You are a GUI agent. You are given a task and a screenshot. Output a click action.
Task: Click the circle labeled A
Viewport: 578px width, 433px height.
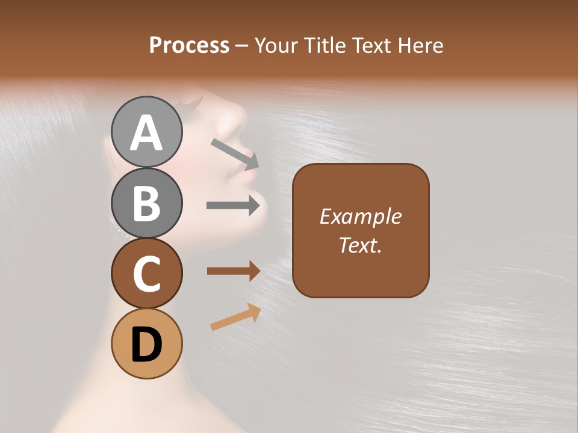pyautogui.click(x=147, y=132)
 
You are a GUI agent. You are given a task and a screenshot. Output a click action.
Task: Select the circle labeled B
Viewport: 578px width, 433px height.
pyautogui.click(x=147, y=202)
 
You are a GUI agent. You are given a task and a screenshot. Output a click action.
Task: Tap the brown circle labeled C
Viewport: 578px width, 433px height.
pyautogui.click(x=147, y=273)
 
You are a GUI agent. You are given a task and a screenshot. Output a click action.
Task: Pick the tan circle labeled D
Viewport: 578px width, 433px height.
pyautogui.click(x=147, y=343)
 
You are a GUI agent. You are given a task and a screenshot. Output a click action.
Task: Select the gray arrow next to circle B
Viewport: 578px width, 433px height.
pyautogui.click(x=233, y=206)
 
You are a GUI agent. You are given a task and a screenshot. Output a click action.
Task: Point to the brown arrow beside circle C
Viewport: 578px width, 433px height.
pyautogui.click(x=233, y=271)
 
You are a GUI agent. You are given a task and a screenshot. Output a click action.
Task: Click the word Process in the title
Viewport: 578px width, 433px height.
pyautogui.click(x=189, y=45)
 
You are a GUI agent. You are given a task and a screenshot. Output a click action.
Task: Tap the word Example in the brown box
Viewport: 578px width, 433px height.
pyautogui.click(x=360, y=216)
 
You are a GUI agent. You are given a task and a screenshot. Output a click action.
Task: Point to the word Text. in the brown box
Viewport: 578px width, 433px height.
pyautogui.click(x=360, y=245)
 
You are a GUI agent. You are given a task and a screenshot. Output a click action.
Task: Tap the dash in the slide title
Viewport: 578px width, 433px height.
pyautogui.click(x=242, y=46)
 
